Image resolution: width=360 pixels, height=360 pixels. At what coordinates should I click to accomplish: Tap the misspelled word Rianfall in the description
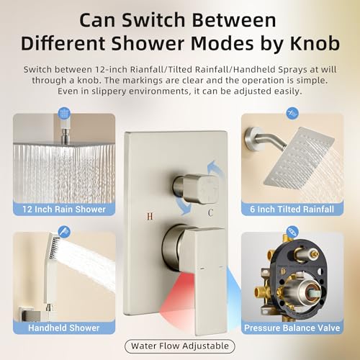147,70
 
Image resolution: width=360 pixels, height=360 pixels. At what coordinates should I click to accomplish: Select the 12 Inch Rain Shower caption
64,210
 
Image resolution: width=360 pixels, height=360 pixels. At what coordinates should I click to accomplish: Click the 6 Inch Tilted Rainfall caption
292,210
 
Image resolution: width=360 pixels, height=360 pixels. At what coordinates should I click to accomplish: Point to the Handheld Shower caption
64,328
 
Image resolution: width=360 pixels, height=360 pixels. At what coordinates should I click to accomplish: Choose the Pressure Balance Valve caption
292,328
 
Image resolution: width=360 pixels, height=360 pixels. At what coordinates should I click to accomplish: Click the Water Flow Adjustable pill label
180,346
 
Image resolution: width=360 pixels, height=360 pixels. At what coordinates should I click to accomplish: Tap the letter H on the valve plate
150,216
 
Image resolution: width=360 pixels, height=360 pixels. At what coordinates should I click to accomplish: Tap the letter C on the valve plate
210,212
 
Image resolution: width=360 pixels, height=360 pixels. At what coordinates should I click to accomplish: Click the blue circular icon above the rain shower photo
64,113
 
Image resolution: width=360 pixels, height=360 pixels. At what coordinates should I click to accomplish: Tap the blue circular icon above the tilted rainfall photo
292,113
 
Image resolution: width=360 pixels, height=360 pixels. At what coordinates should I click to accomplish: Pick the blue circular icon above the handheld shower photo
64,232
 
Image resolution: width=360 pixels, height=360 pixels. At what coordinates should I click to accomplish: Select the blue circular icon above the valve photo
292,232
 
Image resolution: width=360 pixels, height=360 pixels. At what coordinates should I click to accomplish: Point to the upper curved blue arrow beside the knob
215,168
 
